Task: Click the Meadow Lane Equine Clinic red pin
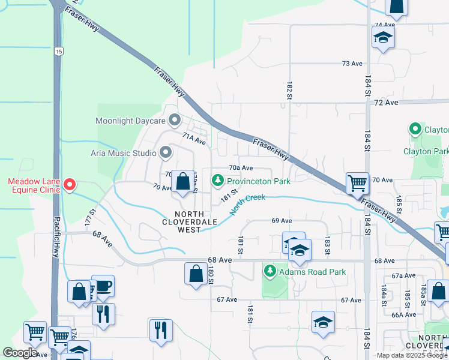pos(70,185)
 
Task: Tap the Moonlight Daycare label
pos(130,121)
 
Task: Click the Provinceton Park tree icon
pos(217,180)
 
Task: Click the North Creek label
pos(247,203)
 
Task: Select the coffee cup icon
pos(103,286)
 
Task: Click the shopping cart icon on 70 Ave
pos(357,182)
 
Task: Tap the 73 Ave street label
pos(352,64)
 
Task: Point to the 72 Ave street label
pos(386,103)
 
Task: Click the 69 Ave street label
pos(282,221)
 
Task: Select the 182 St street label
pos(289,89)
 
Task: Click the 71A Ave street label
pos(194,139)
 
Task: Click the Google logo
pos(20,353)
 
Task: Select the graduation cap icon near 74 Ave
pos(382,38)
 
